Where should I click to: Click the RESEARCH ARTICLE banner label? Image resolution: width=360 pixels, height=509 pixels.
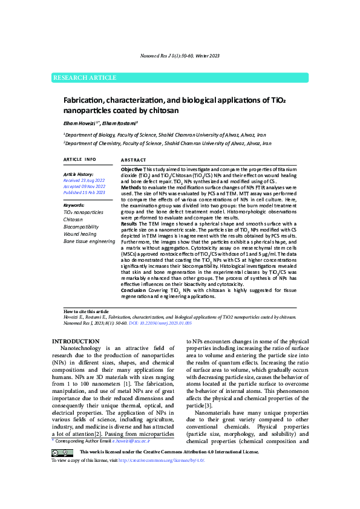point(85,78)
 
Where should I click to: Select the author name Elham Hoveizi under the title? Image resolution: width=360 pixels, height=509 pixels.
point(82,122)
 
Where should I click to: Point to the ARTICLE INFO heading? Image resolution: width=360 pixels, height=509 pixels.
point(79,159)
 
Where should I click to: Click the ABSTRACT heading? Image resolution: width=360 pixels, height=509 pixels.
point(134,159)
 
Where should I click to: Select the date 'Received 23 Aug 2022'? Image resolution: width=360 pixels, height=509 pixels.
point(84,180)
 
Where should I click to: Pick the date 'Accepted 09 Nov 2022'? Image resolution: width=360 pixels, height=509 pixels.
point(84,186)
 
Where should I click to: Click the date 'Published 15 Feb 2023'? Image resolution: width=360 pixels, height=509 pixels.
point(84,192)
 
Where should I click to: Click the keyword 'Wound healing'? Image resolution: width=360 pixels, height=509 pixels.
point(80,233)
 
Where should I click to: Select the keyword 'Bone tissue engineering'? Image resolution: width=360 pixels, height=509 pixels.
point(89,241)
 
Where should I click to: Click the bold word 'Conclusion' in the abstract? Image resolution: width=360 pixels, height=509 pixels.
point(134,290)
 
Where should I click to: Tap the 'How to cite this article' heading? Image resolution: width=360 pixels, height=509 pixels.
point(87,311)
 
